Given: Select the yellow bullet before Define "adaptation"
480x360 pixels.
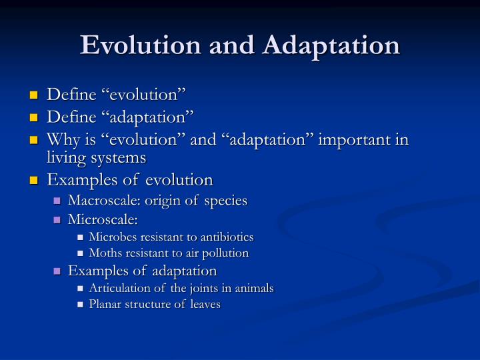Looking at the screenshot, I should [x=34, y=119].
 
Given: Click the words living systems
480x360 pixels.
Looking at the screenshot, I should [x=95, y=158].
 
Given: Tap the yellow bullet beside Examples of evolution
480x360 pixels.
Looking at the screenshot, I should [x=34, y=181].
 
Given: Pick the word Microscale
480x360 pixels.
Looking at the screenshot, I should [x=103, y=219].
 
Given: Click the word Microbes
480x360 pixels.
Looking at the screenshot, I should [x=111, y=237].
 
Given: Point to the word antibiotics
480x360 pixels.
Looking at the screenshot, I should [x=228, y=237].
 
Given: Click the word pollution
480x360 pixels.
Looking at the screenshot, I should [x=226, y=253].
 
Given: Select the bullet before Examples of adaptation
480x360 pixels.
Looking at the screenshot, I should [x=57, y=271].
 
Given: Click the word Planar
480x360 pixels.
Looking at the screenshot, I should [x=103, y=305].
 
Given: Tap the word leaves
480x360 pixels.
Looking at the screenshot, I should [x=205, y=305].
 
